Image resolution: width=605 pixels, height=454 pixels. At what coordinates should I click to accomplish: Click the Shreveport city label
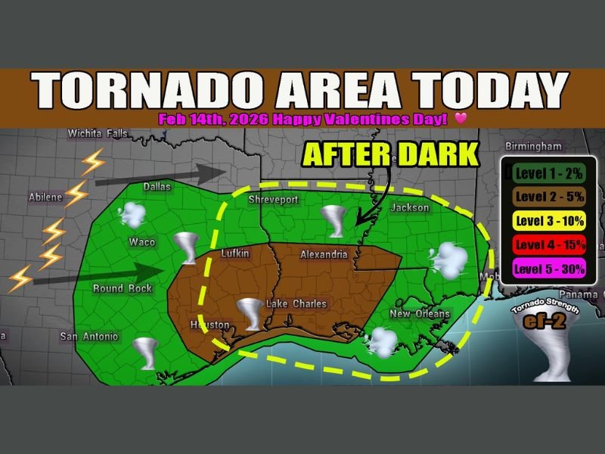(274, 200)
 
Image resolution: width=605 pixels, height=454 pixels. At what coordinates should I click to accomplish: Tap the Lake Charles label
(296, 304)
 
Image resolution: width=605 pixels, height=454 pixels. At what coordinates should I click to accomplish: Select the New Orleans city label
(420, 314)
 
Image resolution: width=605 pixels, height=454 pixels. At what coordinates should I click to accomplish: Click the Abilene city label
(45, 197)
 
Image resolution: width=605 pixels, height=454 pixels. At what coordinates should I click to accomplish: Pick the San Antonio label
(89, 336)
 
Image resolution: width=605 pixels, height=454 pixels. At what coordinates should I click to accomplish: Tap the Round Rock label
(123, 288)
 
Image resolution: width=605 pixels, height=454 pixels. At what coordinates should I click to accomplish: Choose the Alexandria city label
(324, 254)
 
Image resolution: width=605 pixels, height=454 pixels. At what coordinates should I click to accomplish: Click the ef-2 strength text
(544, 322)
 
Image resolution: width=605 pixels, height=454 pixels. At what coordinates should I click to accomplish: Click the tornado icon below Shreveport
(334, 220)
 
